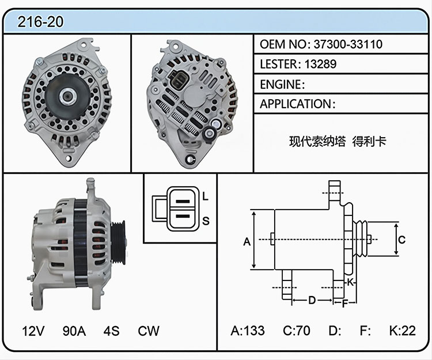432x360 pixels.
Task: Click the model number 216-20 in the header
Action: click(x=40, y=22)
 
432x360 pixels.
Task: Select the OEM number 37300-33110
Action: click(x=348, y=44)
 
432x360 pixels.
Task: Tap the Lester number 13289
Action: click(x=320, y=64)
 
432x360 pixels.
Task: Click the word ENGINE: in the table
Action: click(x=282, y=84)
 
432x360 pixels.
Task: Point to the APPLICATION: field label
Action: click(x=298, y=104)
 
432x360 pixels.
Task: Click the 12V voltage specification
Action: click(x=33, y=331)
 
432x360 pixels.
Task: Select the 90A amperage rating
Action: click(x=74, y=331)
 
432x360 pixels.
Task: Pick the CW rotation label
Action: click(x=149, y=331)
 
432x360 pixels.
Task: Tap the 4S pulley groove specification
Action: click(x=111, y=331)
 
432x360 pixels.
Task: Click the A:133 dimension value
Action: click(x=248, y=331)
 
